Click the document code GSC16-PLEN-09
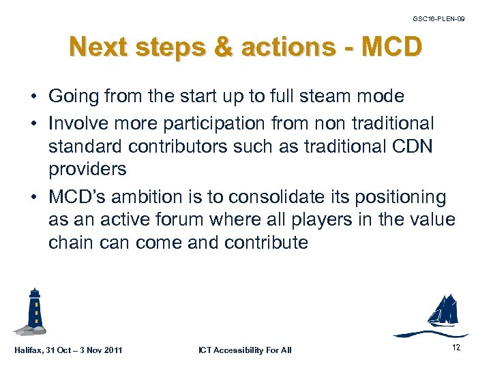click(x=439, y=18)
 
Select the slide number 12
click(x=456, y=348)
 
